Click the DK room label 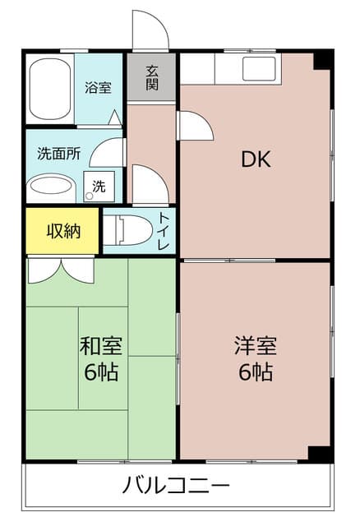pos(256,159)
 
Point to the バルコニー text pos(177,486)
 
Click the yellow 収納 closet pos(62,231)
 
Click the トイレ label pos(164,232)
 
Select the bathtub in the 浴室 pos(50,89)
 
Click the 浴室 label pos(99,88)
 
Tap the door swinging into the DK pos(194,125)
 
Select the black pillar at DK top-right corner pos(325,59)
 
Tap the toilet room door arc pos(150,184)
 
